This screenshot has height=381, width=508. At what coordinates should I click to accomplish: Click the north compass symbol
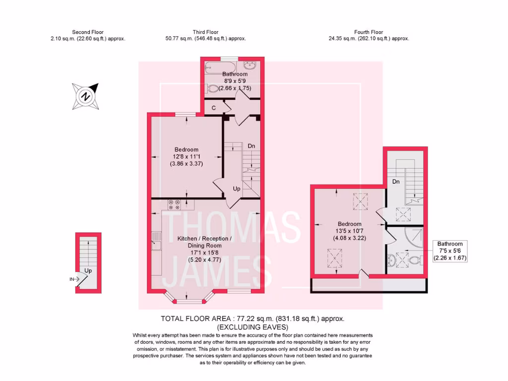(x=85, y=96)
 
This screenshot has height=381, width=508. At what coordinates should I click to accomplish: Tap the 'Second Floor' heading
(x=88, y=32)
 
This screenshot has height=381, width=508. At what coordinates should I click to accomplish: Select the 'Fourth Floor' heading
(x=368, y=32)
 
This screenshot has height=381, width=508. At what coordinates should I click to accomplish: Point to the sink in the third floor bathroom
(x=250, y=66)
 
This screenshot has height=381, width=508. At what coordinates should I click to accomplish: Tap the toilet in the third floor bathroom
(x=212, y=88)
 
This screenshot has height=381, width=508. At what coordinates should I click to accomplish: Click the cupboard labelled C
(x=213, y=108)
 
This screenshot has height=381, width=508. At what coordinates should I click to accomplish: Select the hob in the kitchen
(x=174, y=202)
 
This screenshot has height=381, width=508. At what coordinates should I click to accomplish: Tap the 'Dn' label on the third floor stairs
(x=252, y=146)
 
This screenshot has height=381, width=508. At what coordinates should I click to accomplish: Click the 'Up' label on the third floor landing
(x=237, y=189)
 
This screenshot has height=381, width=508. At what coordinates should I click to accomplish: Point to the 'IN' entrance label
(x=72, y=279)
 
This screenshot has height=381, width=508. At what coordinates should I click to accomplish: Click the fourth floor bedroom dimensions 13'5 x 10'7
(x=349, y=231)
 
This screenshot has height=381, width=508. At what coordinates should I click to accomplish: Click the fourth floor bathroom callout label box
(x=450, y=251)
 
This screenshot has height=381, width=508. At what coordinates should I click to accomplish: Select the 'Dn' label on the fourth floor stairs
(x=396, y=182)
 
